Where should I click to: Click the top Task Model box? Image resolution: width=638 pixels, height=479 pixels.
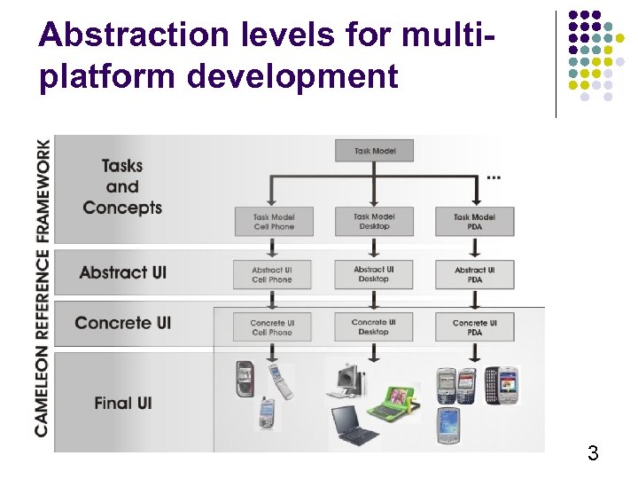coord(374,151)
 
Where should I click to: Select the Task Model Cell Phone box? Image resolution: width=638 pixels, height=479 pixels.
coord(273,222)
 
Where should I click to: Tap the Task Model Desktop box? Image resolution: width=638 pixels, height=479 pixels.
coord(374,222)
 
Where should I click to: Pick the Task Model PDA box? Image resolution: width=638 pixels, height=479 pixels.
coord(474,222)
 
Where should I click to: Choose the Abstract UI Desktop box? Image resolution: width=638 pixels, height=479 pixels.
coord(374,274)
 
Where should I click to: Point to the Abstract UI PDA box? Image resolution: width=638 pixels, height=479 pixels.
coord(474,274)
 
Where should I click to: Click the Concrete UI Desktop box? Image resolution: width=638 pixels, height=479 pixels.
coord(374,327)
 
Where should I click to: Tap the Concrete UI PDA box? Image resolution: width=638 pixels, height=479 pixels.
coord(474,327)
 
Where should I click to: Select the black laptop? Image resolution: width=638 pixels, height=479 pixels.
coord(354,425)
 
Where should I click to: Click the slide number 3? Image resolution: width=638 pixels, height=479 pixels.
coord(593,454)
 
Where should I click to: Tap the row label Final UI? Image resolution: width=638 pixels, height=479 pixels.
coord(122,403)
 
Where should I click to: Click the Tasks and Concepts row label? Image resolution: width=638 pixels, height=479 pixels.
coord(122,186)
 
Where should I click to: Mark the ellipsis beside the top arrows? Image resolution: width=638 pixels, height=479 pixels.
coord(494,177)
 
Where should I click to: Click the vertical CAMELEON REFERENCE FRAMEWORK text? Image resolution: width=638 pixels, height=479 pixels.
coord(42,288)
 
